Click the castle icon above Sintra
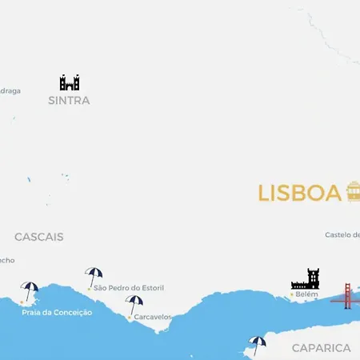pyautogui.click(x=70, y=82)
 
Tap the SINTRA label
pyautogui.click(x=69, y=101)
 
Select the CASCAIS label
pyautogui.click(x=38, y=237)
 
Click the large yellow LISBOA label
pyautogui.click(x=299, y=194)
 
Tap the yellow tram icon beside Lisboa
pyautogui.click(x=353, y=192)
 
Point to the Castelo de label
pyautogui.click(x=342, y=235)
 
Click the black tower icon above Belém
pyautogui.click(x=306, y=279)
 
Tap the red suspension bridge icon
pyautogui.click(x=346, y=296)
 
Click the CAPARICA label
pyautogui.click(x=321, y=348)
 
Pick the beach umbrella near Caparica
pyautogui.click(x=258, y=344)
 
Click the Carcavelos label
pyautogui.click(x=153, y=317)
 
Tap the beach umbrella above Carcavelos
pyautogui.click(x=134, y=304)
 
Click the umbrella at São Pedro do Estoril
pyautogui.click(x=94, y=276)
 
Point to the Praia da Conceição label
pyautogui.click(x=57, y=312)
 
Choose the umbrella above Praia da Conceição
pyautogui.click(x=30, y=290)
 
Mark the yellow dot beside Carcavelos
pyautogui.click(x=130, y=317)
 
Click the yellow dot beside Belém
pyautogui.click(x=291, y=294)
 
